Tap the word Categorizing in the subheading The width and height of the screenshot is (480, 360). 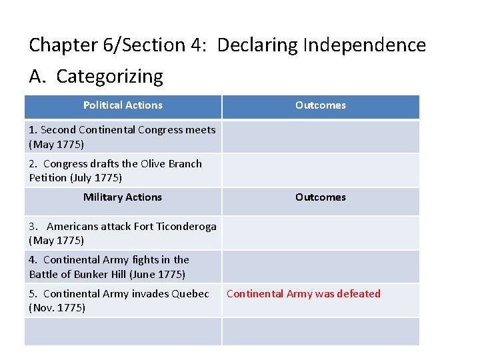click(109, 77)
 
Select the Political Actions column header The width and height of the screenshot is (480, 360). click(123, 105)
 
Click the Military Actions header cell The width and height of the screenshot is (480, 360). click(123, 197)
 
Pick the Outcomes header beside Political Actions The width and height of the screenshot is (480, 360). click(321, 105)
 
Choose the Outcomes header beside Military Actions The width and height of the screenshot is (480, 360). click(321, 197)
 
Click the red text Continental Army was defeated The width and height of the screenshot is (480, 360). click(303, 294)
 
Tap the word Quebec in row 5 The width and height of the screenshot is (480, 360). click(191, 294)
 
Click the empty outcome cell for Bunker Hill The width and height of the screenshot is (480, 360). click(321, 267)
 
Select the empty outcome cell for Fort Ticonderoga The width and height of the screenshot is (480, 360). click(321, 233)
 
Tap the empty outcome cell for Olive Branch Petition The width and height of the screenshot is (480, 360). click(321, 171)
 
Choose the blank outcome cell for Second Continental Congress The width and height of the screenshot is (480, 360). click(321, 137)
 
